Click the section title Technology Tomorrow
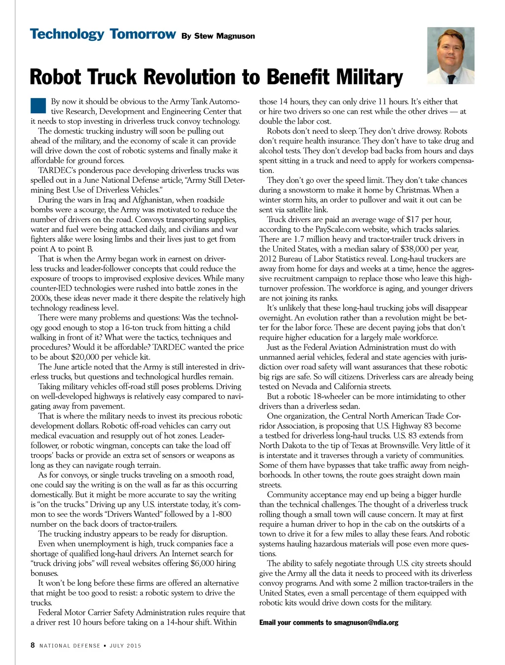click(x=103, y=34)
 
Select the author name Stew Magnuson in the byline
click(x=224, y=36)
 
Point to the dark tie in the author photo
click(x=451, y=78)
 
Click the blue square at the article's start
click(x=38, y=106)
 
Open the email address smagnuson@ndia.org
click(x=366, y=623)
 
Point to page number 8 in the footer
click(x=33, y=645)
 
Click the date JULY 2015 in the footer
click(x=125, y=646)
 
